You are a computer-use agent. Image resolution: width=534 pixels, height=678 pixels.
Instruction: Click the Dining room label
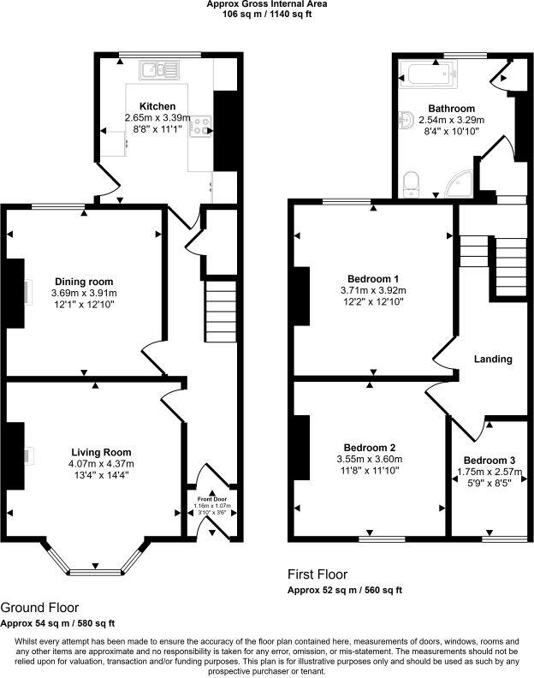84,281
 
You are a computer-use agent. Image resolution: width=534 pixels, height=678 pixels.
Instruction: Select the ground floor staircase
221,312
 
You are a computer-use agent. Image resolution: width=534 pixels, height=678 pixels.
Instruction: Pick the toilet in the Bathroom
412,182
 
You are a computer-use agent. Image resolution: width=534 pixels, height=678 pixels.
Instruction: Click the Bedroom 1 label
372,278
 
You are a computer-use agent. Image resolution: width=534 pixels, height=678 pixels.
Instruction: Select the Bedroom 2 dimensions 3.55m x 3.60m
369,459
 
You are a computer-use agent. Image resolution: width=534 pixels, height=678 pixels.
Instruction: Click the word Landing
492,359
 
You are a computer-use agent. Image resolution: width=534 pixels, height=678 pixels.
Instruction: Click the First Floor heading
317,574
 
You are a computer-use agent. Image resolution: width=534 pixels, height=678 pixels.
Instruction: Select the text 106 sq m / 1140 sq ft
266,14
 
